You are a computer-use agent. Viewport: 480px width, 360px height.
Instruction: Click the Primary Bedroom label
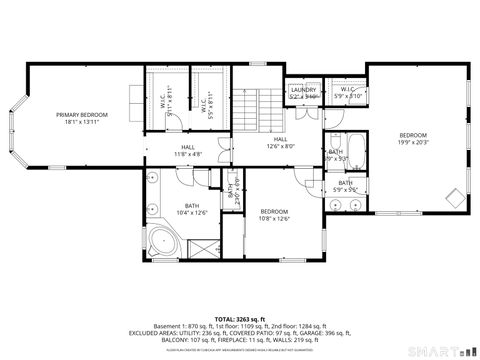pos(81,119)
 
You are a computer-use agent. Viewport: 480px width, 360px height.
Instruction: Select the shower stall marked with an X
pos(201,243)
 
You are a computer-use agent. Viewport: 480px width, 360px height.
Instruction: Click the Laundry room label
pos(303,93)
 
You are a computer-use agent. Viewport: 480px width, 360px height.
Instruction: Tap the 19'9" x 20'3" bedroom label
pos(413,139)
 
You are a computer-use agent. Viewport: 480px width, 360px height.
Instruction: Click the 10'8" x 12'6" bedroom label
pos(274,215)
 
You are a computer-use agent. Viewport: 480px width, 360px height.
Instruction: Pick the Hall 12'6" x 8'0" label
pos(280,143)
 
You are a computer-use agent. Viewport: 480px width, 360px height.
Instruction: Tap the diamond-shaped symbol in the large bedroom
pos(453,196)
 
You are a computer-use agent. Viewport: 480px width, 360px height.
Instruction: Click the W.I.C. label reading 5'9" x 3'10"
pos(348,93)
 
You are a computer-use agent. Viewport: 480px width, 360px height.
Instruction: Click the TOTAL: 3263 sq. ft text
pos(239,317)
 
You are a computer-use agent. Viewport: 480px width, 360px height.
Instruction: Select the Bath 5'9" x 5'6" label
pos(345,186)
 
